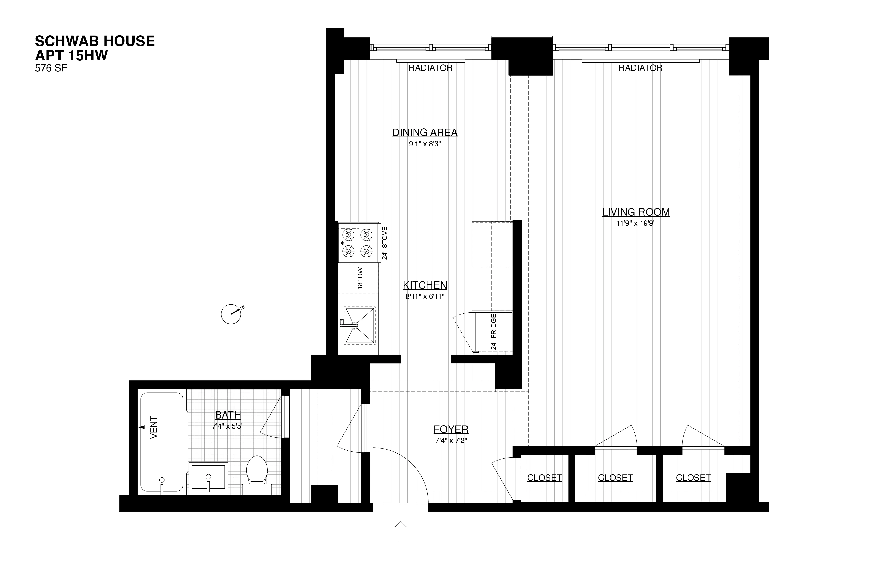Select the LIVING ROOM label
(636, 212)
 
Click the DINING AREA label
(425, 133)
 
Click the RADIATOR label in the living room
(640, 68)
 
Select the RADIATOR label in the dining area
(430, 68)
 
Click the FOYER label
(451, 429)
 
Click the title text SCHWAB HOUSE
(95, 41)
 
